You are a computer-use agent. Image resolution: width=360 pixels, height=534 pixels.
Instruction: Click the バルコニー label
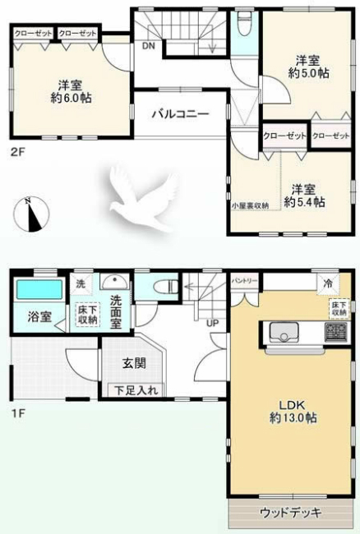pos(179,114)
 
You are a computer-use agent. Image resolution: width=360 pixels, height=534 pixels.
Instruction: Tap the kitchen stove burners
pos(336,333)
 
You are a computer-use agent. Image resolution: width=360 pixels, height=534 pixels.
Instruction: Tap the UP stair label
pos(212,322)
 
